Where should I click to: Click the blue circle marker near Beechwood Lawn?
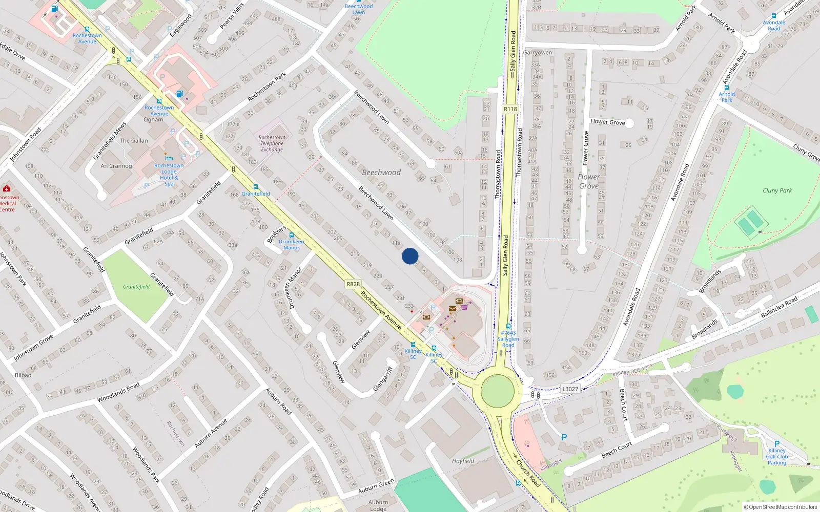click(410, 256)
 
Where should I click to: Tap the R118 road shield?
click(510, 109)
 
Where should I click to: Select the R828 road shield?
click(353, 284)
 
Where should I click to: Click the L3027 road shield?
click(570, 389)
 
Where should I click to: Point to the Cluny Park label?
click(777, 190)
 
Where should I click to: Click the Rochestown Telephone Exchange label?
click(272, 143)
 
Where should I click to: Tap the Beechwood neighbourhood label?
click(381, 173)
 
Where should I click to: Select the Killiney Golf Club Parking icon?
click(777, 444)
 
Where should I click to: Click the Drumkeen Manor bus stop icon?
click(292, 236)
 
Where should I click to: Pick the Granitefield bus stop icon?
click(256, 187)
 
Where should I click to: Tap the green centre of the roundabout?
click(497, 391)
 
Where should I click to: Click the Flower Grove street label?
click(607, 122)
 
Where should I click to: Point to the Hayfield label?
click(463, 461)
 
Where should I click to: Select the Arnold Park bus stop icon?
click(727, 88)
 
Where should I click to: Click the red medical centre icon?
click(7, 188)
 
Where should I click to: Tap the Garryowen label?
click(538, 53)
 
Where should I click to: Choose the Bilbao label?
click(23, 375)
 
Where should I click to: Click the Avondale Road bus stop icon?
click(774, 16)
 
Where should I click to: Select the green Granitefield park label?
click(136, 287)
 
